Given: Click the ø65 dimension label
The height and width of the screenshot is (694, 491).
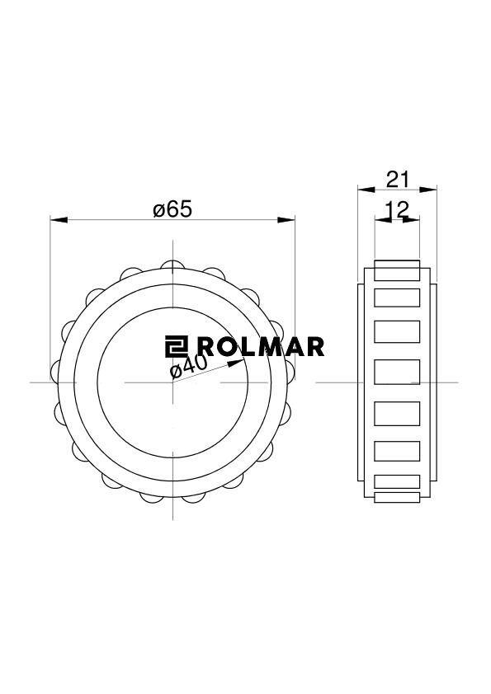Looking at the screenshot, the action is coord(172,209).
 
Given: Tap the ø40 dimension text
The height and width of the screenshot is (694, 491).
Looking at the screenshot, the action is coord(189,367).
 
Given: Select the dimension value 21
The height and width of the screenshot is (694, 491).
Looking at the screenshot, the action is coord(398,180).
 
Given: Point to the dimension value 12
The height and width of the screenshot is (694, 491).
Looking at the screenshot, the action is coord(397,210).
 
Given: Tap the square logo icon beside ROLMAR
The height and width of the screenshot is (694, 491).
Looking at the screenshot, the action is coord(177,346).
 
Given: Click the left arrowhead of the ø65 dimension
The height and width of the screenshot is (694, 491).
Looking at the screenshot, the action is coord(59,220).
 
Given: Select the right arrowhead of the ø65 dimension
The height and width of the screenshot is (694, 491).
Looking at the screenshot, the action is coord(286,220).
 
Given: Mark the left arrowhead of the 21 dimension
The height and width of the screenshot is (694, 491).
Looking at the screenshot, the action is coord(366,190).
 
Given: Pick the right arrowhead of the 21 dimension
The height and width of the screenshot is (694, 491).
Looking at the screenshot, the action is coord(428,190).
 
